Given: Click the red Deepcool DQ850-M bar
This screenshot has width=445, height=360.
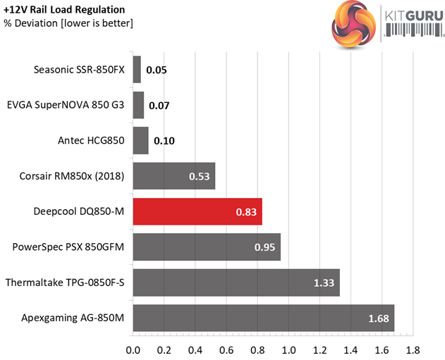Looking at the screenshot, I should point(197,211).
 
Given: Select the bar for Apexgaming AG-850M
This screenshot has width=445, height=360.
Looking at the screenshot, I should point(263,318).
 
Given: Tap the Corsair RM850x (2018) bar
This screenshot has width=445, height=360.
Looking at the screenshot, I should point(173,176).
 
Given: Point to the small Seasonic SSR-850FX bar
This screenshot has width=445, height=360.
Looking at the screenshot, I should point(137,69).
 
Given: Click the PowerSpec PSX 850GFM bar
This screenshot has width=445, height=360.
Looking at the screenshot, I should point(207,247).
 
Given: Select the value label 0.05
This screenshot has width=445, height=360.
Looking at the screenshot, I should point(157,70).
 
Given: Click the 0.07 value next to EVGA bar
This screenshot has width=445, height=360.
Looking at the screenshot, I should point(159,106).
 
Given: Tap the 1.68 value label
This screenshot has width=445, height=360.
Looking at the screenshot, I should point(378,318).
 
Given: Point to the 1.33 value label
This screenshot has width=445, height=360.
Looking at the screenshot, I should point(324,283).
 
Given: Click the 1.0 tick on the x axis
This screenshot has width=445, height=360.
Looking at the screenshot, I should point(288,349).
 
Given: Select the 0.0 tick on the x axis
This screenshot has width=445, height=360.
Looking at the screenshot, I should point(133,349).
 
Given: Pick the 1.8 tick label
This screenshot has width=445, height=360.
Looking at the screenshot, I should point(413,349).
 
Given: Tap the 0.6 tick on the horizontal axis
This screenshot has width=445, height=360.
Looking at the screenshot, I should point(226,349).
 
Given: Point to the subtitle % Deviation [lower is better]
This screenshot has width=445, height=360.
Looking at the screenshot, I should point(68,23).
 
